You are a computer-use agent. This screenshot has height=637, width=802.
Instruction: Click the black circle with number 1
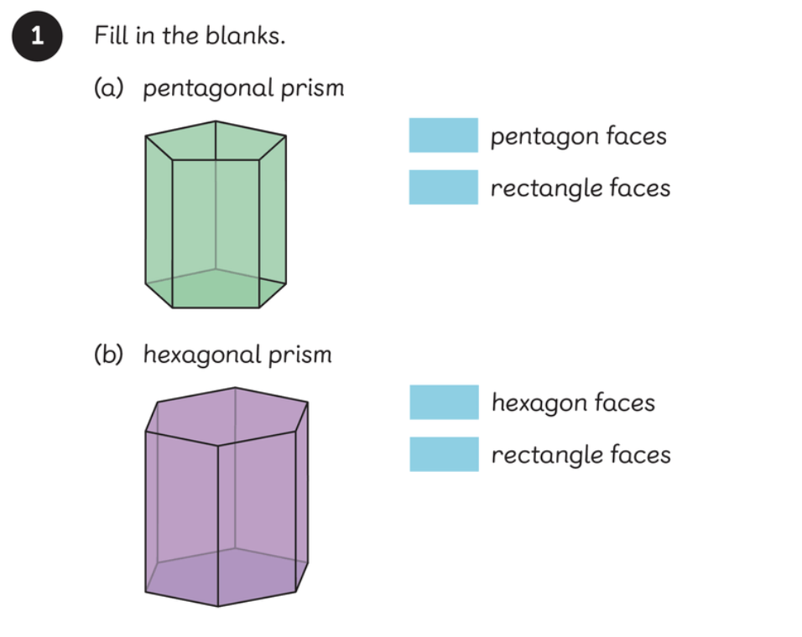(36, 37)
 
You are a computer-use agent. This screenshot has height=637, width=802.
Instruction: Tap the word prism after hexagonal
(300, 355)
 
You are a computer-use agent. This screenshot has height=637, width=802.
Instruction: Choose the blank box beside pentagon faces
(443, 135)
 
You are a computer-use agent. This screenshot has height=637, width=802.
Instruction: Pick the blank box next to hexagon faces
(444, 402)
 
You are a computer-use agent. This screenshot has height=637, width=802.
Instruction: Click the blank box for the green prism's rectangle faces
(443, 187)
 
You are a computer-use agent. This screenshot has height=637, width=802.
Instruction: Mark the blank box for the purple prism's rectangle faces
(444, 454)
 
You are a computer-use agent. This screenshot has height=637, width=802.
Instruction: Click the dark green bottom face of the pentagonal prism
(216, 288)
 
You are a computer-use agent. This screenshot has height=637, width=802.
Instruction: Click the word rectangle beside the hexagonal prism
(545, 455)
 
